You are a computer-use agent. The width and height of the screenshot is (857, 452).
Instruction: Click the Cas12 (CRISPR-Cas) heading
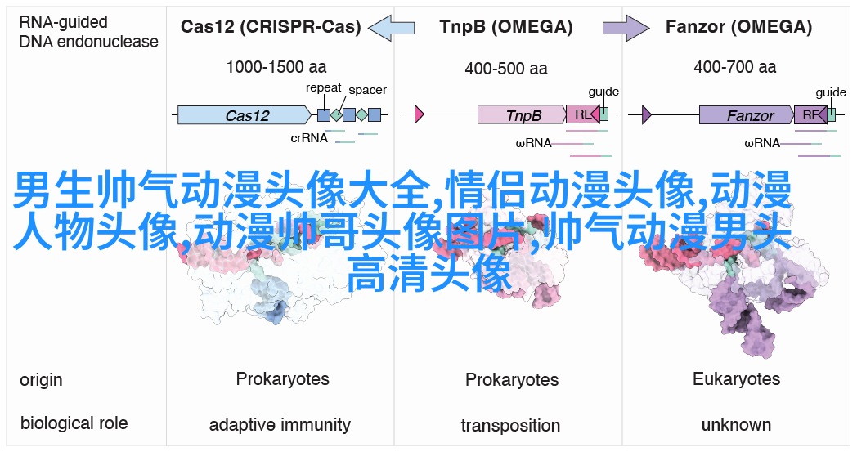[x=271, y=26]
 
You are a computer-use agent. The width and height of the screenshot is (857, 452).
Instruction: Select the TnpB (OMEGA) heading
[x=506, y=26]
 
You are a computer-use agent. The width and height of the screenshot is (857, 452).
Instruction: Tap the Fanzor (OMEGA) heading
[x=738, y=26]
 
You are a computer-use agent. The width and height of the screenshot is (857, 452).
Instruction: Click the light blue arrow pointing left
[x=392, y=26]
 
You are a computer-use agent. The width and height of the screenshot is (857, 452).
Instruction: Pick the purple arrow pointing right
[x=626, y=27]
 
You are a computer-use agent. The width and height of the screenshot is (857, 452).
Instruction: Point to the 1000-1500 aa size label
[x=276, y=67]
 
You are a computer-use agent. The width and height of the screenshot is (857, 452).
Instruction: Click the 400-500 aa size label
[x=506, y=69]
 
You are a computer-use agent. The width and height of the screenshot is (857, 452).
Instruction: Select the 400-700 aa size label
[x=734, y=67]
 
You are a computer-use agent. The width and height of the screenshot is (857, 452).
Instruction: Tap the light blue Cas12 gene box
[x=245, y=114]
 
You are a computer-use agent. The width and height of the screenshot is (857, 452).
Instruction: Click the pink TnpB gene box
[x=522, y=114]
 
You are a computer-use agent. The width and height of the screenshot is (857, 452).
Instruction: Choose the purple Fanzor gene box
[x=747, y=114]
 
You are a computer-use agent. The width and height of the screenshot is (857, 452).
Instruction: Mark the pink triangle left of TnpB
[x=420, y=114]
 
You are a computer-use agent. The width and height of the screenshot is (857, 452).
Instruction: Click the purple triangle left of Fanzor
[x=647, y=114]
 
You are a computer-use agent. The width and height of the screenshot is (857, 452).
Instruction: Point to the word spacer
[x=367, y=90]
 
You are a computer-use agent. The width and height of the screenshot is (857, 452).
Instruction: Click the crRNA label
[x=309, y=138]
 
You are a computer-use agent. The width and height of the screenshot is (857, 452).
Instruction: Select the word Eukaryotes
[x=736, y=378]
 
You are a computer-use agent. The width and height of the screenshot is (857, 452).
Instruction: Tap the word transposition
[x=510, y=425]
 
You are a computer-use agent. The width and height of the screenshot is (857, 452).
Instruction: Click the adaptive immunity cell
[x=280, y=425]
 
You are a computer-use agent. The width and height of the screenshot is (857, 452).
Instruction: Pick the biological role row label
[x=74, y=423]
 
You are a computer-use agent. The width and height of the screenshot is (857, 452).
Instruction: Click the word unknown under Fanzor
[x=736, y=425]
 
